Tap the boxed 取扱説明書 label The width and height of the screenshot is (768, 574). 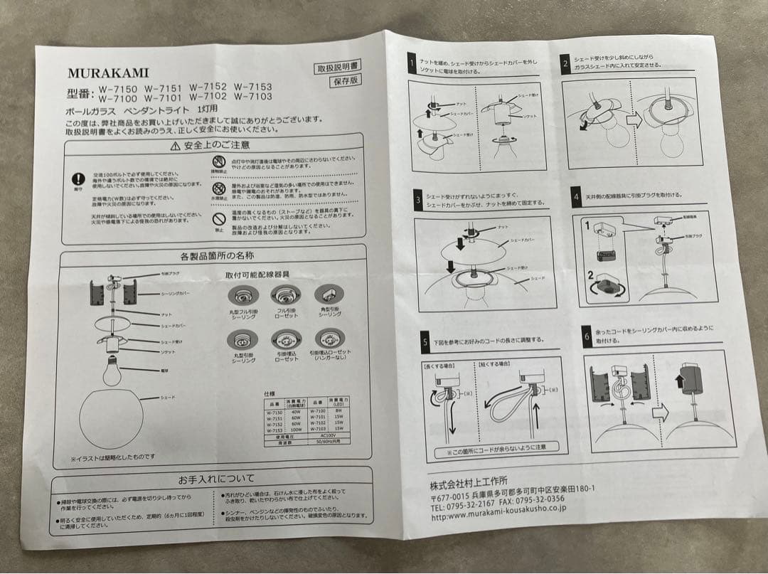point(338,68)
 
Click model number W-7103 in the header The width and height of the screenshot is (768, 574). point(252,97)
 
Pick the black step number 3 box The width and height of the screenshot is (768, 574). point(417,200)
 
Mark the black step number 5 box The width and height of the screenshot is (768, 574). point(425,343)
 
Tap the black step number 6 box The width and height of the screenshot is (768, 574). point(587,337)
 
